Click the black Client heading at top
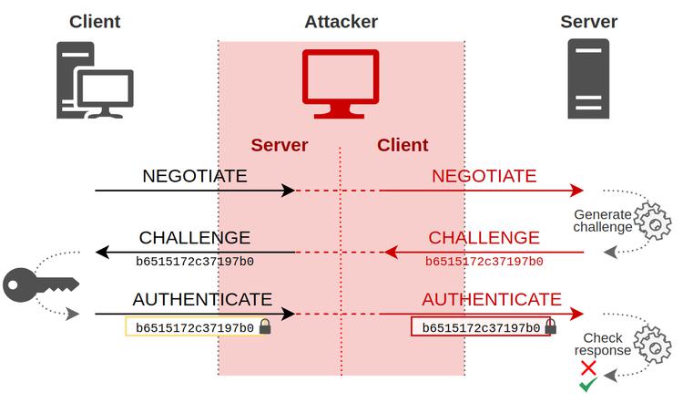pos(94,21)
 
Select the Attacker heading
pos(341,21)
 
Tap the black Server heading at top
pos(588,21)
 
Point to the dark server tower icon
pos(588,78)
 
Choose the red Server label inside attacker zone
pos(280,145)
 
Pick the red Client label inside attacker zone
pos(403,145)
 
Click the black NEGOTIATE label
pos(194,176)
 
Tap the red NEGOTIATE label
pos(484,176)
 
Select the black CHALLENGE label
pos(194,238)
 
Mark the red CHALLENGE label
pos(484,238)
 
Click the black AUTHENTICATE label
pos(202,299)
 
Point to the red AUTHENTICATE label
pos(492,299)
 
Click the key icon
pos(36,284)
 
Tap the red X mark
pos(588,368)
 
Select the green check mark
pos(588,387)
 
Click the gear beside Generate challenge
pos(652,222)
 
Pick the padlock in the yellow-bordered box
pos(265,326)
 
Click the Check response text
pos(603,344)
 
